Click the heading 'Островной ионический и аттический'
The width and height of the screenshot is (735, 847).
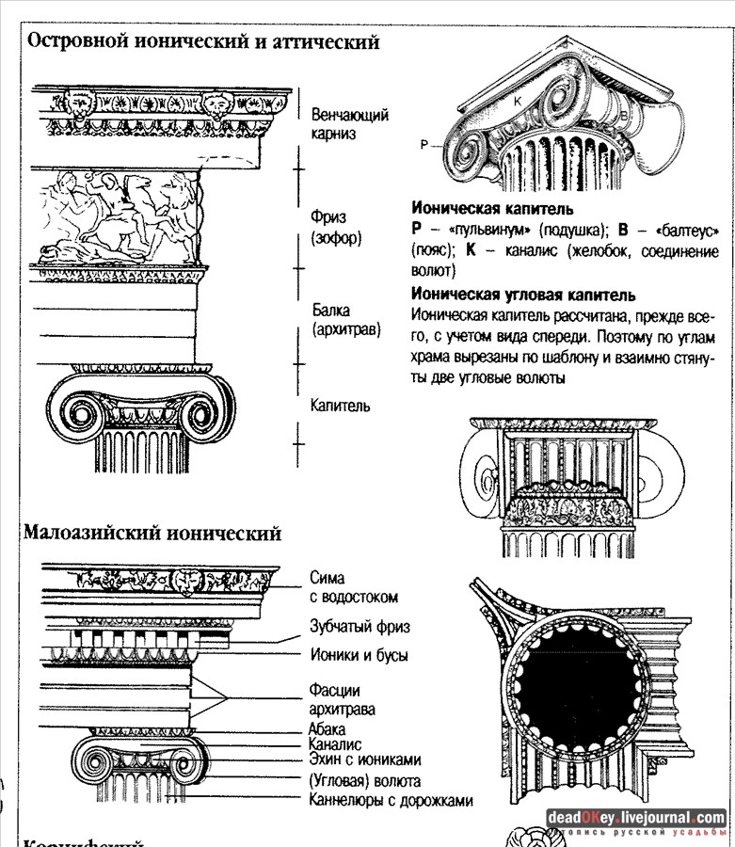tap(202, 42)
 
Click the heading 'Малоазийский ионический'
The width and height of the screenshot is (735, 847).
tap(152, 534)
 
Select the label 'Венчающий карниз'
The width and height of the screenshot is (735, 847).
tap(349, 123)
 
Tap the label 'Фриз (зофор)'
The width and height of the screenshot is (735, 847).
tap(336, 228)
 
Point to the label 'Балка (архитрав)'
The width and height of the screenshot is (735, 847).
tap(345, 319)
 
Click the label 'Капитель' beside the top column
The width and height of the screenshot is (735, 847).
tap(340, 406)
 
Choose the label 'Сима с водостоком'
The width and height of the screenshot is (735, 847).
tap(354, 587)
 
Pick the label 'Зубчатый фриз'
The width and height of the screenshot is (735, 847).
tap(360, 626)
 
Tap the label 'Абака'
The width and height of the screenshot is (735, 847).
tap(327, 728)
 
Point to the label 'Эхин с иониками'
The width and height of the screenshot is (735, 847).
tap(364, 760)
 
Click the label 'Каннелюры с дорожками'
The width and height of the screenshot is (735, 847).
tap(391, 801)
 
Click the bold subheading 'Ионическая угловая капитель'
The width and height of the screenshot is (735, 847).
tap(523, 295)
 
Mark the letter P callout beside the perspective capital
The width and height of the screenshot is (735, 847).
tap(424, 145)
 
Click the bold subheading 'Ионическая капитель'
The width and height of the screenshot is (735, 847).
tap(492, 209)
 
